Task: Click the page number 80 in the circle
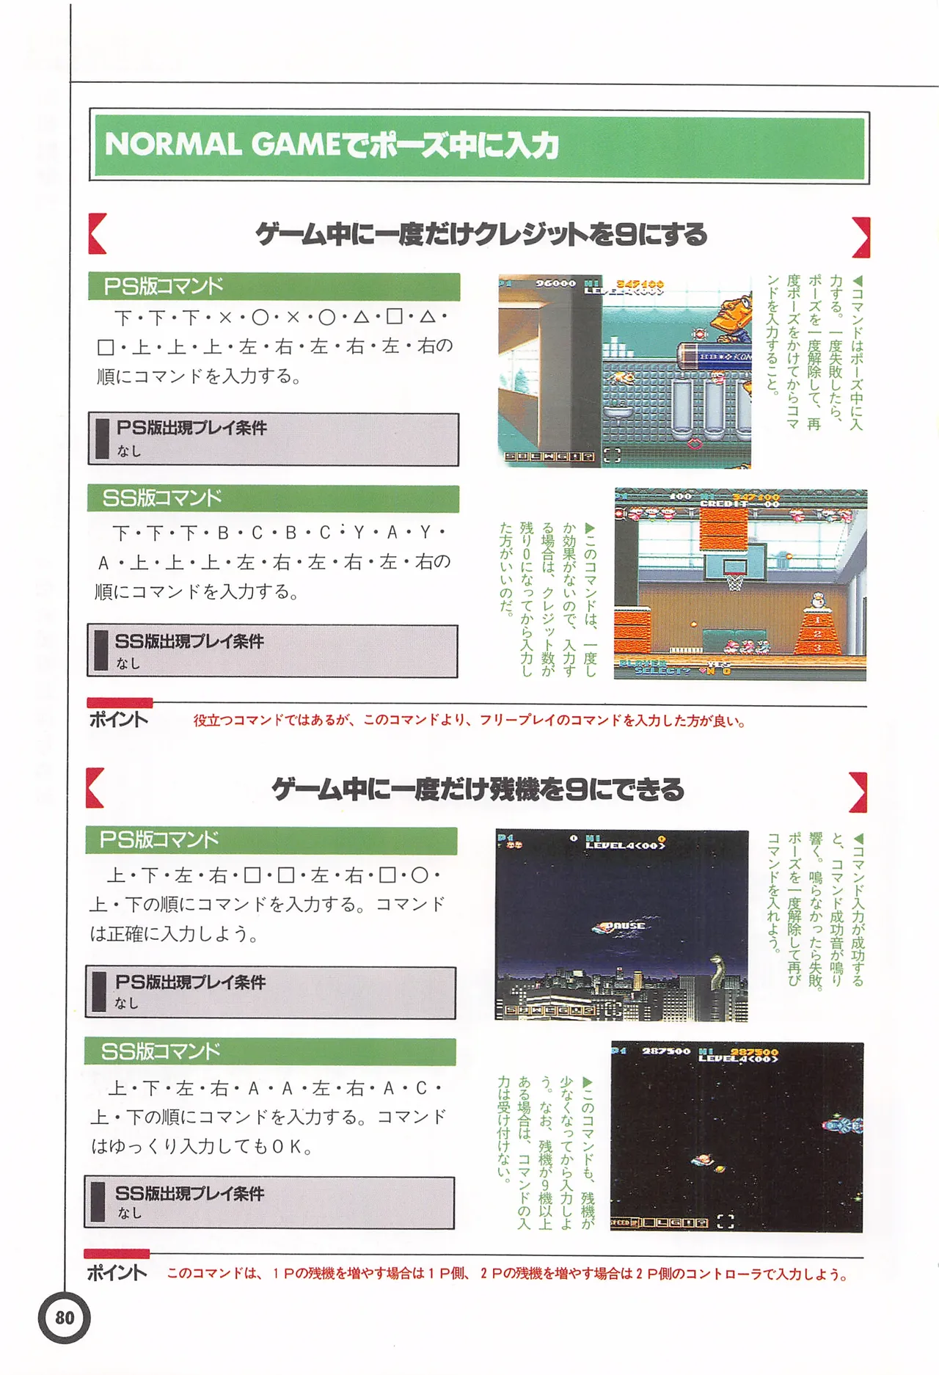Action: (x=65, y=1318)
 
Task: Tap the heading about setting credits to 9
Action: (x=481, y=235)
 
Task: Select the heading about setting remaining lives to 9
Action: (x=478, y=790)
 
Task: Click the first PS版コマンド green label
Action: (x=163, y=286)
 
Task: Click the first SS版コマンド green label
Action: (x=161, y=498)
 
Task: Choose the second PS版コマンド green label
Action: (x=159, y=839)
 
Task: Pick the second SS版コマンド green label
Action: (x=160, y=1051)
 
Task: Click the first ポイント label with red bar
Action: (x=118, y=719)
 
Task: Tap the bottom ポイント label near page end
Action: (x=117, y=1272)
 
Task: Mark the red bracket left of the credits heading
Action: (x=97, y=234)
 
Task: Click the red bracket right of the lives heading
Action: (x=859, y=792)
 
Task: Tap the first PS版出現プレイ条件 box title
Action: (x=191, y=428)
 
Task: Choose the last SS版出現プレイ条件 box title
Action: (x=189, y=1193)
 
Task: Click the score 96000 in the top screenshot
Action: (x=555, y=283)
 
